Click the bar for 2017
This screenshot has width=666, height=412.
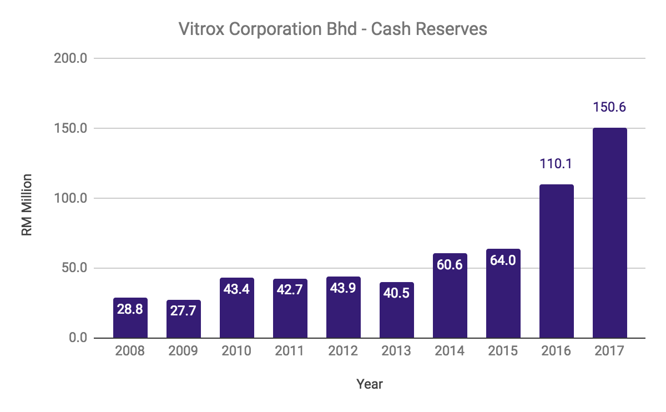(x=609, y=233)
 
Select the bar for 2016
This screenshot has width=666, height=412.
(x=556, y=261)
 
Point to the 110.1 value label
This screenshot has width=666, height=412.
(x=556, y=164)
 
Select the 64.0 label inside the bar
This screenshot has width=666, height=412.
(x=503, y=260)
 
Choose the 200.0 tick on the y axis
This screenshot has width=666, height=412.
(x=70, y=58)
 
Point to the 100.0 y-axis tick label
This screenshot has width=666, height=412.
(x=70, y=198)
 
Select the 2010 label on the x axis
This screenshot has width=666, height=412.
(x=237, y=351)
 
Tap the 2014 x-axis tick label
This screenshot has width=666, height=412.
(x=450, y=351)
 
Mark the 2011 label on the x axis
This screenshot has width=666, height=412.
(x=290, y=351)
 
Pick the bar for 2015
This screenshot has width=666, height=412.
(x=503, y=300)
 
